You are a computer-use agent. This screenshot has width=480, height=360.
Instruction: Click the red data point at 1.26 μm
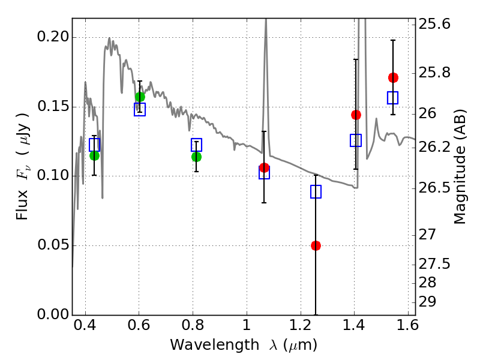[x=316, y=245]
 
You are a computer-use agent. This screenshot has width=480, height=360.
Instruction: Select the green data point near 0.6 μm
[x=140, y=97]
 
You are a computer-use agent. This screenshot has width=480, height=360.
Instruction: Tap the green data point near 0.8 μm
[x=196, y=157]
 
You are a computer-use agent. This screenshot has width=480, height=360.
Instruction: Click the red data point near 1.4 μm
[x=356, y=115]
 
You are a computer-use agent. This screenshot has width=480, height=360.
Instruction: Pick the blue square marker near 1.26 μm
[x=316, y=192]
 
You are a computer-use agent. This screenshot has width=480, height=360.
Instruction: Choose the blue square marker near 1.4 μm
[x=356, y=140]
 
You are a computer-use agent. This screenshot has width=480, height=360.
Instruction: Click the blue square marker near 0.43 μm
[x=94, y=145]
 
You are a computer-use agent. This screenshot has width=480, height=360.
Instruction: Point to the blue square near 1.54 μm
[x=393, y=98]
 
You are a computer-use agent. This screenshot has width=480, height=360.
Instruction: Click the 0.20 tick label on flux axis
[x=52, y=37]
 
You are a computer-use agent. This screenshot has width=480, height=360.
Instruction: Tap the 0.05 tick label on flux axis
[x=52, y=245]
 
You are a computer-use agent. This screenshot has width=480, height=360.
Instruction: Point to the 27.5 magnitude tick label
[x=435, y=264]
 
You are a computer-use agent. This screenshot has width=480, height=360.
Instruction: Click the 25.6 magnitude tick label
[x=435, y=25]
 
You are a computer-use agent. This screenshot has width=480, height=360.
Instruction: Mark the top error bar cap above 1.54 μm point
[x=393, y=40]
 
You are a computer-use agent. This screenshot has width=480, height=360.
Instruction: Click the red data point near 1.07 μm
[x=264, y=167]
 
